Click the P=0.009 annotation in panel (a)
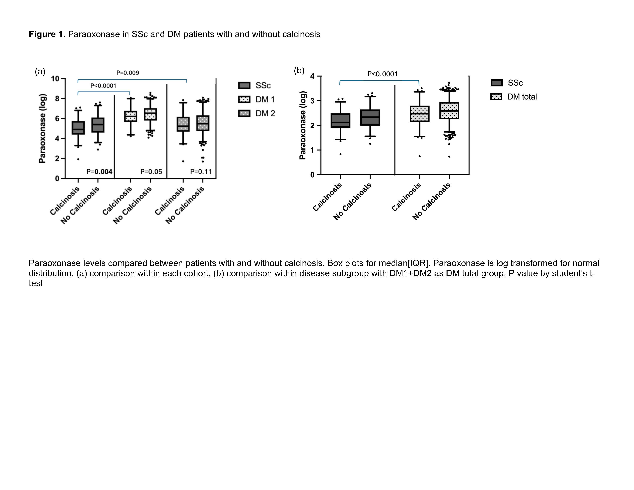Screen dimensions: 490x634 [127, 73]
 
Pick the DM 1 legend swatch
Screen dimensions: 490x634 [244, 100]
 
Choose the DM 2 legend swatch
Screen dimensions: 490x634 [244, 113]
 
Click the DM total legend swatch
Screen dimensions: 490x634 [496, 97]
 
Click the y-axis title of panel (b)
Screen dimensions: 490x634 [303, 125]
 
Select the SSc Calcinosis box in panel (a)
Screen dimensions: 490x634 [78, 128]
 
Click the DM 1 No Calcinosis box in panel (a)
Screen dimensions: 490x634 [150, 114]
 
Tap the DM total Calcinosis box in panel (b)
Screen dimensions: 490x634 [419, 114]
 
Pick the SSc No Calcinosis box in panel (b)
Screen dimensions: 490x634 [370, 118]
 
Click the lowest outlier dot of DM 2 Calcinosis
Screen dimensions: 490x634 [183, 161]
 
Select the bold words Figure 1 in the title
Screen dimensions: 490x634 [46, 34]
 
